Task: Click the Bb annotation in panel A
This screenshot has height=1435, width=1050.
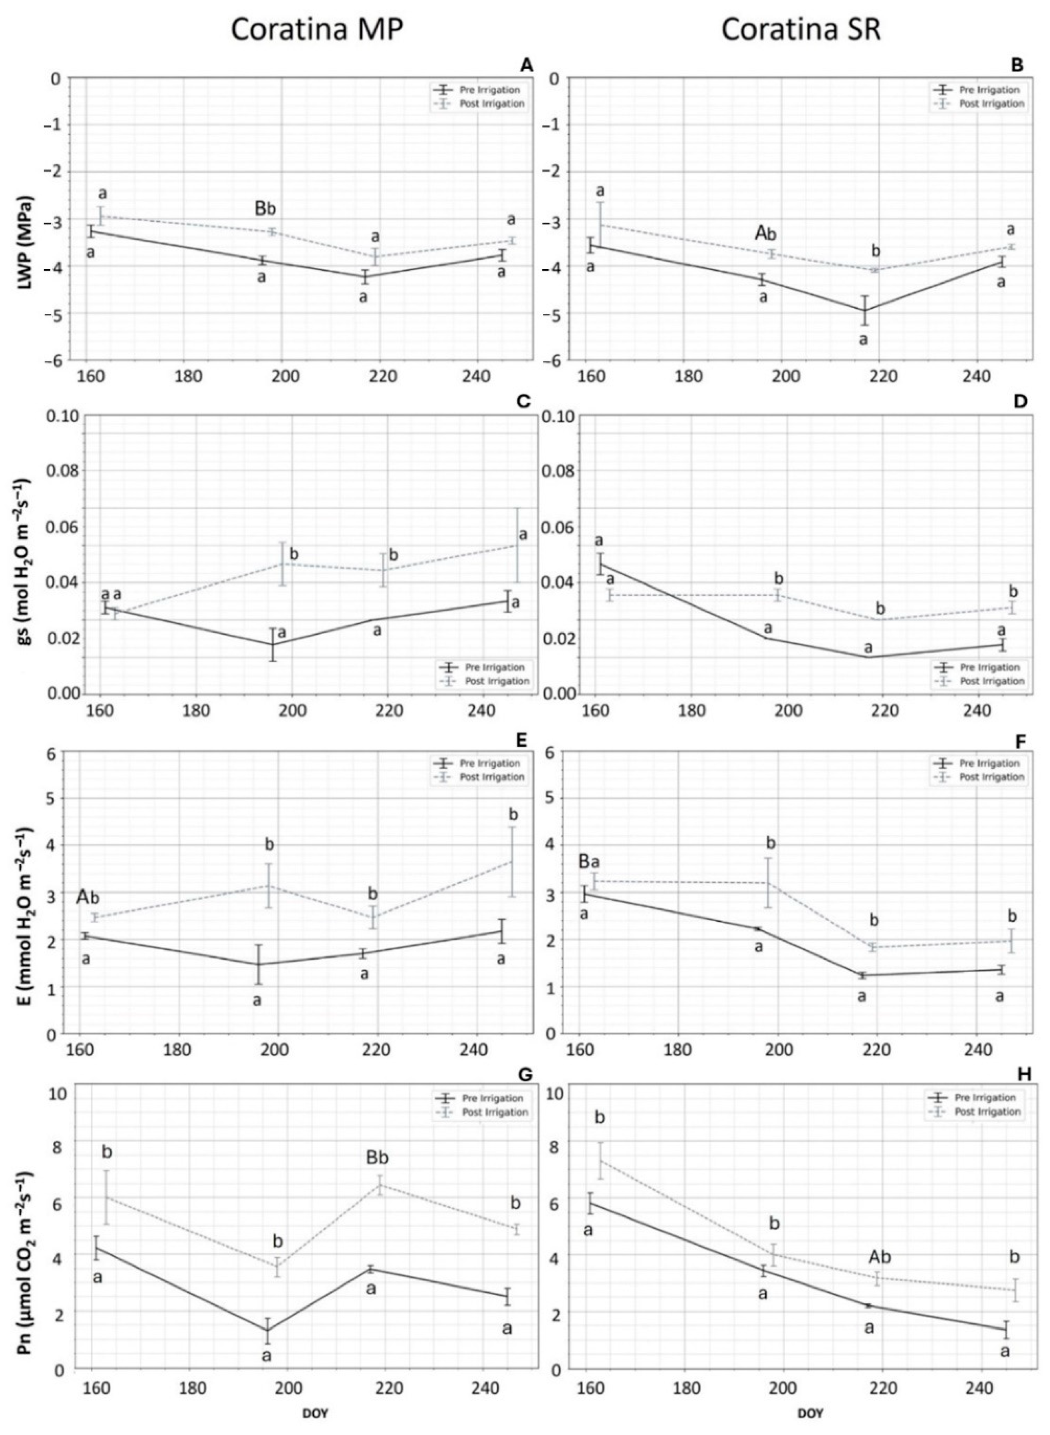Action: [x=266, y=208]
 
